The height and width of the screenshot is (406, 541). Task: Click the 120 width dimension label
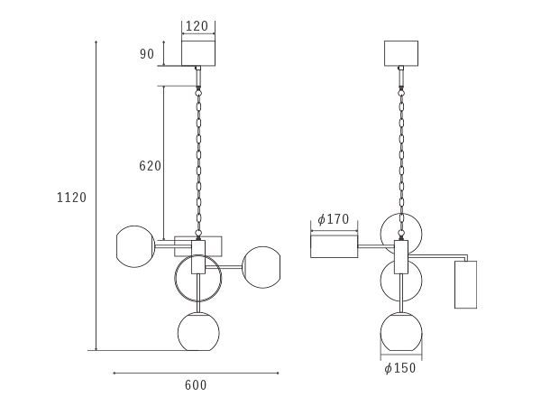[x=197, y=26]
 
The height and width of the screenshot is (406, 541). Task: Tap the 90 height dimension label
[x=147, y=54]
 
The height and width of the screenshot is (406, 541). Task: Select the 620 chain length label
[x=150, y=166]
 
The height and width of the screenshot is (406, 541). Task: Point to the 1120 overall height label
[x=71, y=198]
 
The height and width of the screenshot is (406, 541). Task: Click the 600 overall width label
[x=196, y=385]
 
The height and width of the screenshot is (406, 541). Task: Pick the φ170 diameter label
[x=334, y=219]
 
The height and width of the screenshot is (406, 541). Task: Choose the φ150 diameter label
[x=400, y=368]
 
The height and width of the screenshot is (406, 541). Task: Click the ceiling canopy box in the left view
[x=198, y=53]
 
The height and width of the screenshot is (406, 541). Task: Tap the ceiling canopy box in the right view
[x=401, y=53]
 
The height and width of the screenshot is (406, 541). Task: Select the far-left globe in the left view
[x=117, y=246]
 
